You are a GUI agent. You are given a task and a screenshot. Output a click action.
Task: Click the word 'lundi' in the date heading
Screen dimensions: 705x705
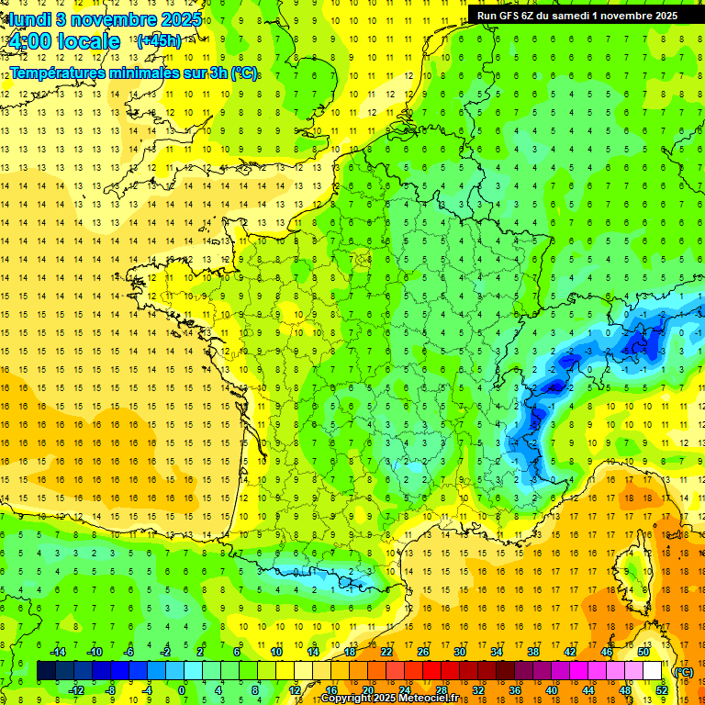pos(30,18)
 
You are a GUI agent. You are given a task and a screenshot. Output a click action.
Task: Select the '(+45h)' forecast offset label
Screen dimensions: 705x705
pos(159,40)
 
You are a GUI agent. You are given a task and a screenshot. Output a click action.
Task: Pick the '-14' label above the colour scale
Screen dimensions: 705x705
pos(57,652)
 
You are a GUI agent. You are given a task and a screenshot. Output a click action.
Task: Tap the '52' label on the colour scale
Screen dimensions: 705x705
pos(662,689)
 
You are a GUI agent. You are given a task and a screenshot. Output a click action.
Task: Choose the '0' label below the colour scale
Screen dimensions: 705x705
pos(182,689)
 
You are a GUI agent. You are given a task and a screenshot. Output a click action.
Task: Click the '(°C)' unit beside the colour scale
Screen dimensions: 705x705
pos(683,671)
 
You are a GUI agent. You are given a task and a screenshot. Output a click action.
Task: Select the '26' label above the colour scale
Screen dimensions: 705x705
pos(423,652)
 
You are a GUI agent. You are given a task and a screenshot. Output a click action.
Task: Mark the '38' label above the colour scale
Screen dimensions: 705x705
pos(533,652)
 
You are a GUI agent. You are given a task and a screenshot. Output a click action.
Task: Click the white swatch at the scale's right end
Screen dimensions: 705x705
pos(653,671)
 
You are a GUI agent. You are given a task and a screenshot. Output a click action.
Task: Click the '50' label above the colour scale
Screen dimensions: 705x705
pos(643,652)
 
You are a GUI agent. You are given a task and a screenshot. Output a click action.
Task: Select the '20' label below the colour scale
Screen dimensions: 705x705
pos(368,689)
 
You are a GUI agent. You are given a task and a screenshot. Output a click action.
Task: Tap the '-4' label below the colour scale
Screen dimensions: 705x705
pos(148,689)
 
